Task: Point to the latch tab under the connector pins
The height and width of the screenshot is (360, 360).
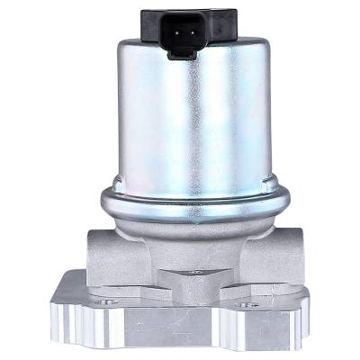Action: click(x=184, y=52)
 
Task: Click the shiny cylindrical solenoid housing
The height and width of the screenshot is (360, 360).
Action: click(x=188, y=117)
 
